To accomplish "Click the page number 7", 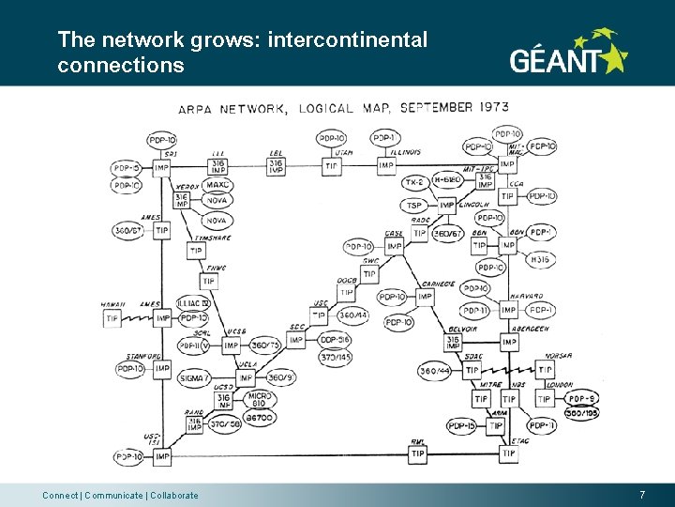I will (x=642, y=495).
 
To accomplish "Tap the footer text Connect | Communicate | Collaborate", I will (x=120, y=495).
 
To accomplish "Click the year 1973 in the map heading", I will (x=492, y=107).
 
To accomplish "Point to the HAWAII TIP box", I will (x=113, y=318).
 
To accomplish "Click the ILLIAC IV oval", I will (x=193, y=303).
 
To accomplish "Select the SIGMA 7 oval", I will (x=196, y=377).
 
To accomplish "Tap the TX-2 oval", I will (x=414, y=181).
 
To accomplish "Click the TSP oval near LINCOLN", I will (x=415, y=205).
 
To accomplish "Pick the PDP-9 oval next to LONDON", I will (x=581, y=400).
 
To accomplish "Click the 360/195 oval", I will (x=581, y=413).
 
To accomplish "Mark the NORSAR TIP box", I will (x=545, y=370).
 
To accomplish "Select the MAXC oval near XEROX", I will (x=217, y=186).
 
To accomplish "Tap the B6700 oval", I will (x=259, y=417).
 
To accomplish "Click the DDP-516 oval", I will (x=333, y=340).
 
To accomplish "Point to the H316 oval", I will (x=540, y=259).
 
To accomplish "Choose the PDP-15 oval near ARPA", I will (x=460, y=426).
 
